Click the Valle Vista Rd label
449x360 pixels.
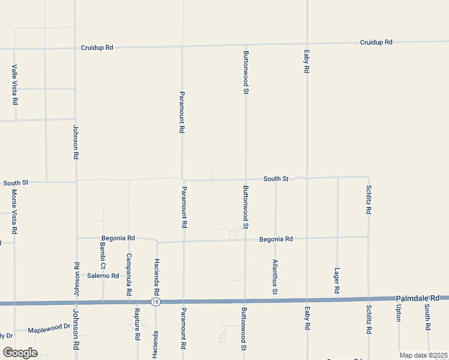[14, 85]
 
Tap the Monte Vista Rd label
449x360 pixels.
[14, 211]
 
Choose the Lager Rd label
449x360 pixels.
[337, 281]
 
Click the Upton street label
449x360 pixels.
[398, 313]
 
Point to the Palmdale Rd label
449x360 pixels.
[422, 298]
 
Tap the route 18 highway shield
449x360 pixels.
[155, 301]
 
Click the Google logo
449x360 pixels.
[20, 353]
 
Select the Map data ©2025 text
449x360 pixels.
[423, 355]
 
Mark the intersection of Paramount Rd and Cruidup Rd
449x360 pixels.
[182, 46]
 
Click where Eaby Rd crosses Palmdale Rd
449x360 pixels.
[307, 299]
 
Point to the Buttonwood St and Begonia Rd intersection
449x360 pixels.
[245, 240]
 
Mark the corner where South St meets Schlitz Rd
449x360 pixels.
[368, 178]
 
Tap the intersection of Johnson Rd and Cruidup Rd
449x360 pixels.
[76, 47]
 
